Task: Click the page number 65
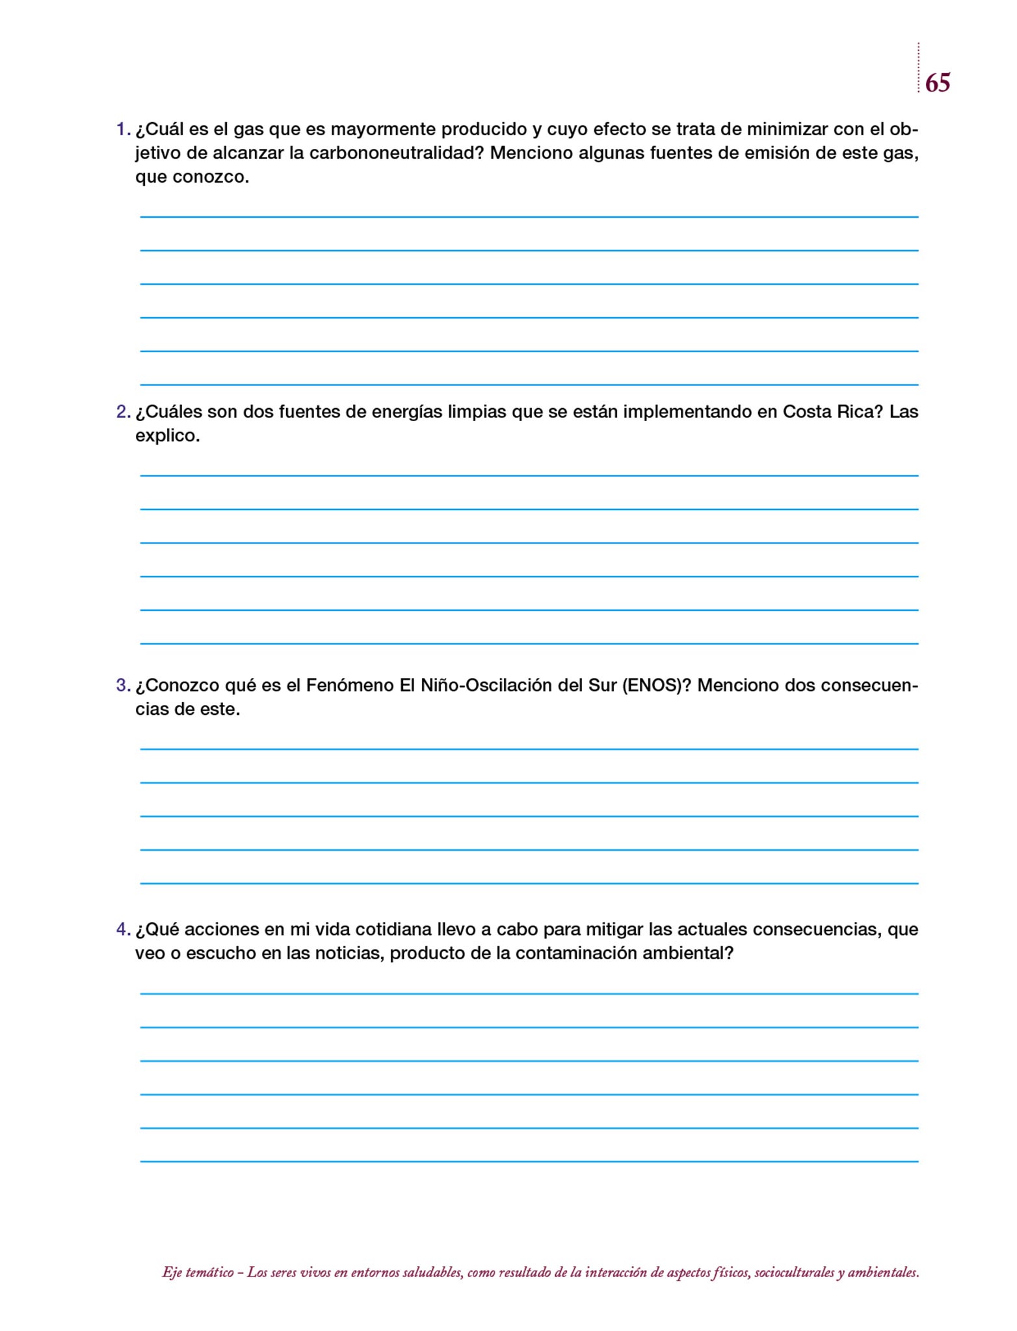[x=937, y=83]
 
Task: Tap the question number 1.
[x=122, y=129]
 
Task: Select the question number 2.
[x=123, y=412]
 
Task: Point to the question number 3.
[x=123, y=686]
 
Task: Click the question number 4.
[x=123, y=929]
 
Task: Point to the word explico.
[x=167, y=436]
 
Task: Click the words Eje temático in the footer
[x=198, y=1273]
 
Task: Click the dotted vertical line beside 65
[x=918, y=68]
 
